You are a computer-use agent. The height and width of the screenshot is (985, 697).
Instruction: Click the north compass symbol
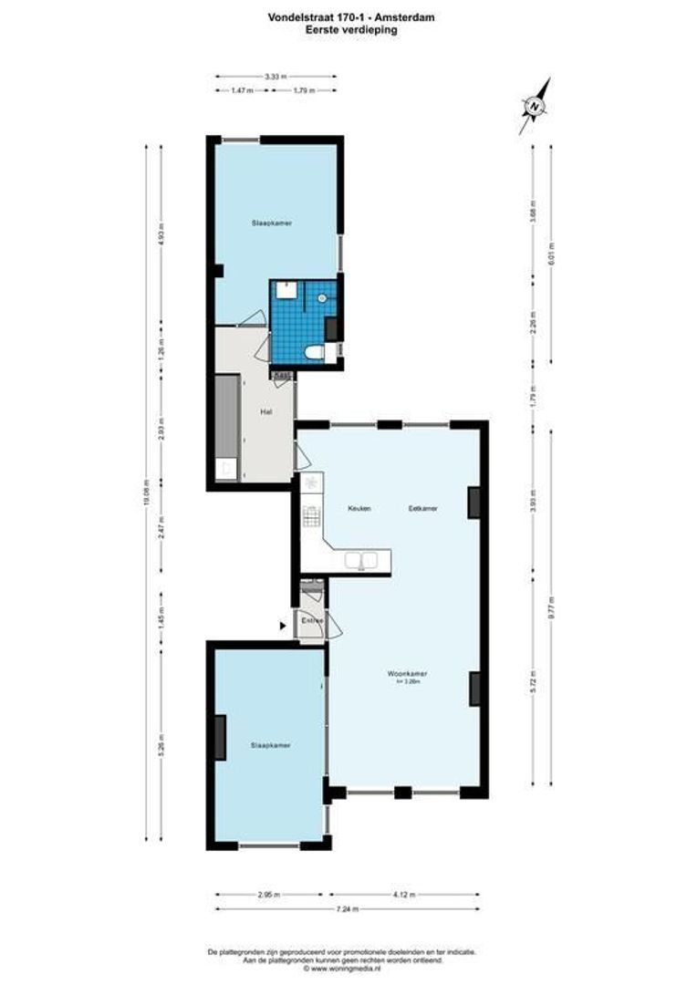point(535,106)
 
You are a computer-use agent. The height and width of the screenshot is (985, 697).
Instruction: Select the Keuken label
point(359,509)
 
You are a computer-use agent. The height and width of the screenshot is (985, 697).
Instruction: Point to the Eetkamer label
point(422,509)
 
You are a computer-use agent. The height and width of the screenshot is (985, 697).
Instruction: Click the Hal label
point(266,412)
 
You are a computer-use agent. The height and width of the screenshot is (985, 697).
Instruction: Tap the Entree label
point(313,621)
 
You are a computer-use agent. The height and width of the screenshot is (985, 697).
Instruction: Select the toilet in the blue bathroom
point(315,351)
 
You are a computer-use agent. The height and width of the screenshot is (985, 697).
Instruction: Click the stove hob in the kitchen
point(312,517)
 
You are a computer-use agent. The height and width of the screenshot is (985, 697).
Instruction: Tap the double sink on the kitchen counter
point(361,560)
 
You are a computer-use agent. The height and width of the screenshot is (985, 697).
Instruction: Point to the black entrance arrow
point(282,625)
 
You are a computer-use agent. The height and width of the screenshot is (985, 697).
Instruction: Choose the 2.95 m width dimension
point(268,895)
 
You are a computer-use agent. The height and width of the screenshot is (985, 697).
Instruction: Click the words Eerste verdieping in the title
point(351,29)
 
